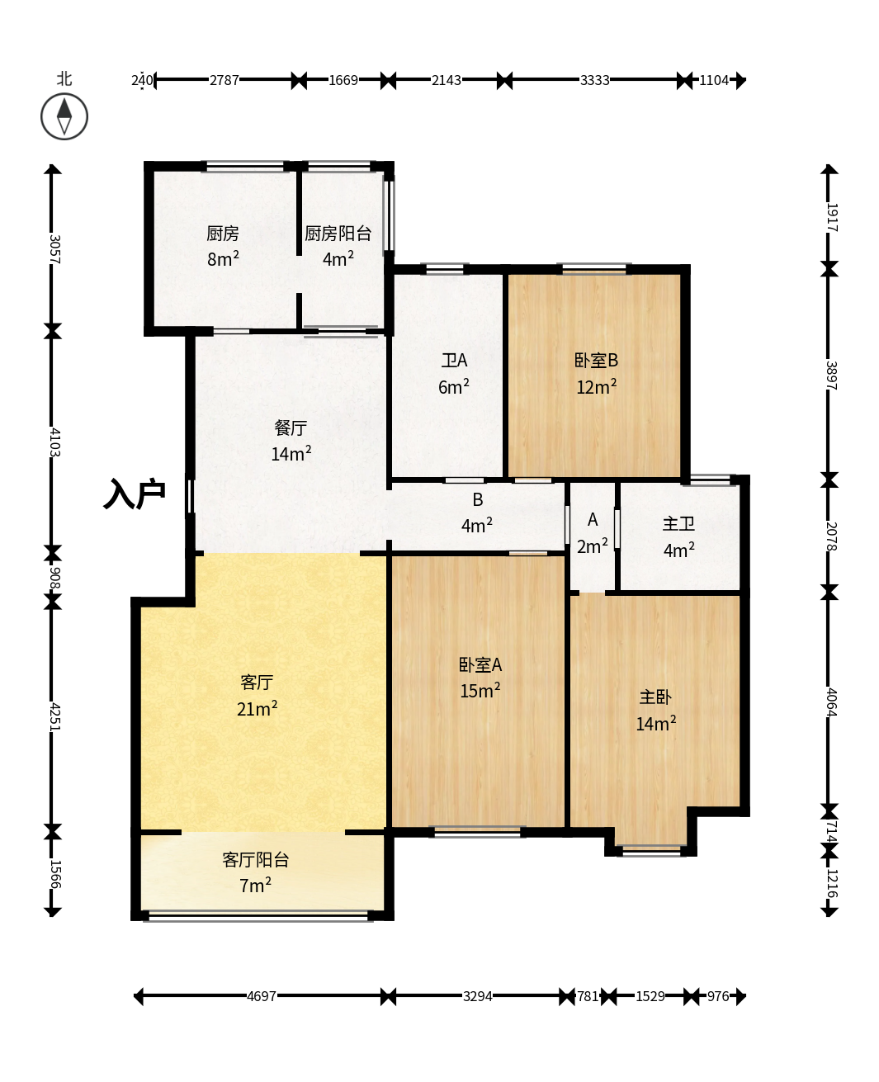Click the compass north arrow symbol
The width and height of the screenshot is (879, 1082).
(x=64, y=116)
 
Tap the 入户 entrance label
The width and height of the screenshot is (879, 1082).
(x=135, y=494)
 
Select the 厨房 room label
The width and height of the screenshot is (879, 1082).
(x=223, y=234)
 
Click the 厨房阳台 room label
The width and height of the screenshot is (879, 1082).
(x=338, y=234)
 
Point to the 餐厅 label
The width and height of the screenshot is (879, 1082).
(x=291, y=428)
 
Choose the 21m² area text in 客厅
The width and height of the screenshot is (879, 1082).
(x=257, y=709)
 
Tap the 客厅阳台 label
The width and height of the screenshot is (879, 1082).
(x=256, y=860)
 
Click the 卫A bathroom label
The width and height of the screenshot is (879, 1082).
(x=454, y=361)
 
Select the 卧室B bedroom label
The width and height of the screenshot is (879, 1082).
(x=596, y=361)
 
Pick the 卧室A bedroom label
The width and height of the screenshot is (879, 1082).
(x=480, y=665)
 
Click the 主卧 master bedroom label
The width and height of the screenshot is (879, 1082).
(x=655, y=697)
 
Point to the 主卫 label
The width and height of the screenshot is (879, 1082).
(x=678, y=524)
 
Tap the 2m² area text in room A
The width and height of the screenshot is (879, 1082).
(x=593, y=546)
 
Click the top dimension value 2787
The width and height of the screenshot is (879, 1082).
(x=224, y=80)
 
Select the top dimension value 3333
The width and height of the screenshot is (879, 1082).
(x=594, y=80)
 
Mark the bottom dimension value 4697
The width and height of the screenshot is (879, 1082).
(x=262, y=996)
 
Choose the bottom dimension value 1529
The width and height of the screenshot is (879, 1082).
(x=650, y=996)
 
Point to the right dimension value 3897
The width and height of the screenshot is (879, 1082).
(x=831, y=376)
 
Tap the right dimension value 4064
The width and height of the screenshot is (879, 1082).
(x=831, y=702)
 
